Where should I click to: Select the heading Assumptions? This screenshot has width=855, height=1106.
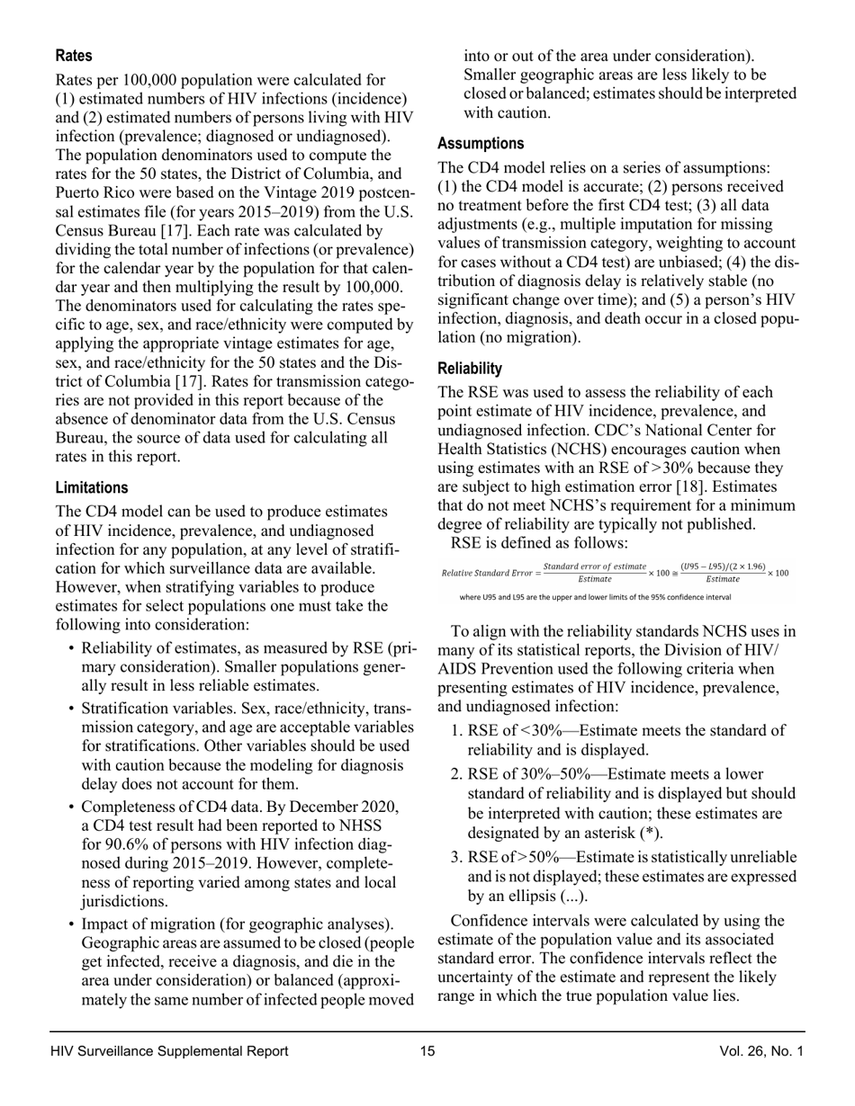481,144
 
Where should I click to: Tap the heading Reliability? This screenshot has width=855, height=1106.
470,370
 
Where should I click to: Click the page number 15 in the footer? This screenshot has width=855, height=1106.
427,1051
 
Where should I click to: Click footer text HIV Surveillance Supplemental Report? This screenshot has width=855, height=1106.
170,1051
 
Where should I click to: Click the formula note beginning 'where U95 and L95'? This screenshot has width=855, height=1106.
589,596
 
